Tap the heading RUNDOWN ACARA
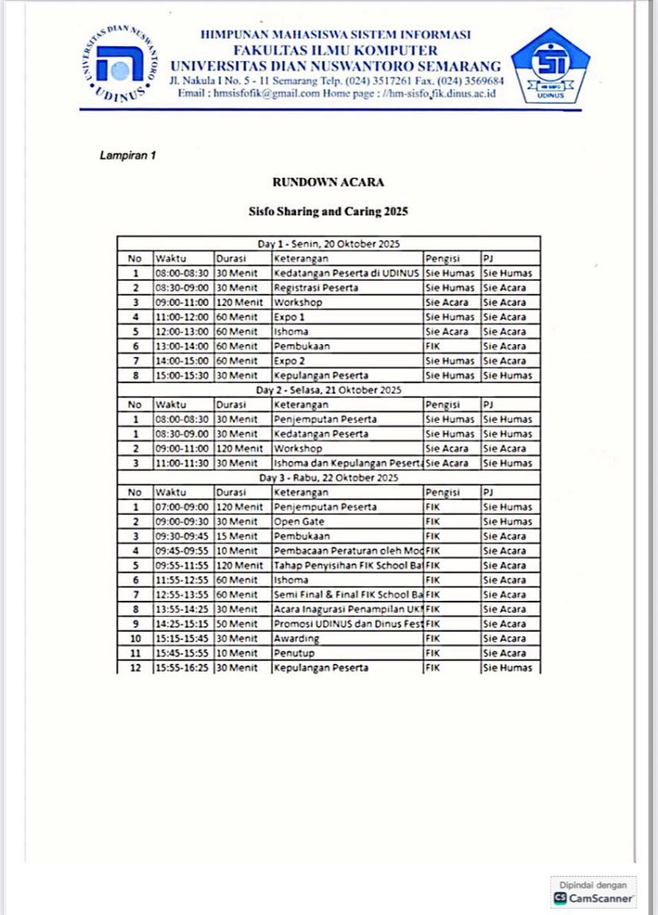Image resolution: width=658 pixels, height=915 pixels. pos(328,182)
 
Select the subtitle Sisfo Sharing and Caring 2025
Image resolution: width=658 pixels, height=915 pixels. pos(328,212)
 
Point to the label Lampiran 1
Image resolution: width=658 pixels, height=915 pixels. pos(127,155)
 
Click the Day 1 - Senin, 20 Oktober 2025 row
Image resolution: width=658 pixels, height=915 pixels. pos(328,243)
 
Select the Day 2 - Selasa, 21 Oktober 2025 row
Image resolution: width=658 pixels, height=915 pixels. pos(328,390)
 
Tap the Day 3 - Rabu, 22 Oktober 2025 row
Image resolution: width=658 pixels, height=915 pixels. pos(328,478)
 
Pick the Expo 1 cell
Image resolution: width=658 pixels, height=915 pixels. pos(290,317)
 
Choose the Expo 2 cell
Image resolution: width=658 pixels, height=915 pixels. pos(290,361)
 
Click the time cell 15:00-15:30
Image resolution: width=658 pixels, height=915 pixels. pos(182,375)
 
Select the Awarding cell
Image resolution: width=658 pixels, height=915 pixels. pos(296,638)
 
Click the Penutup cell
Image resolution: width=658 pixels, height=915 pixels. pos(292,653)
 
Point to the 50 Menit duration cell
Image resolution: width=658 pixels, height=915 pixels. pos(237,624)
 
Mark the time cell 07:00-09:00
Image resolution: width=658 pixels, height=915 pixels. pos(182,507)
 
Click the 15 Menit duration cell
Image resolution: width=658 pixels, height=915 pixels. pos(237,537)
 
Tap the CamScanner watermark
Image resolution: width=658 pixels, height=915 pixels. pos(594,892)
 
